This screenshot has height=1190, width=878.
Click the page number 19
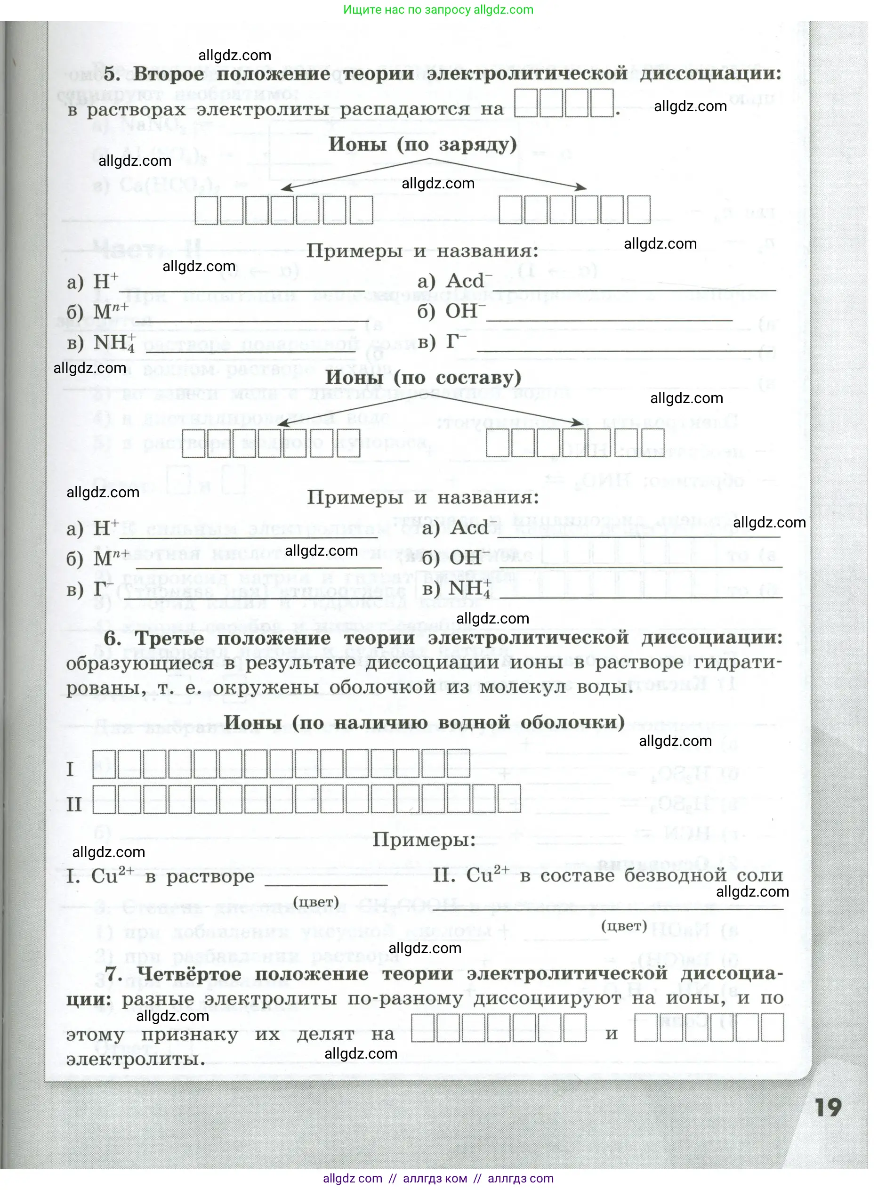click(x=828, y=1107)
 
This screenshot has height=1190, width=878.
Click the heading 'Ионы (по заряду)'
click(x=423, y=145)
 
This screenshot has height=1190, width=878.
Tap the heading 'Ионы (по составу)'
click(x=423, y=378)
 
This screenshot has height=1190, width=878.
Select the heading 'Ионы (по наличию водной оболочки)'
click(x=424, y=722)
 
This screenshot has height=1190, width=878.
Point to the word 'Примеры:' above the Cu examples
click(x=424, y=840)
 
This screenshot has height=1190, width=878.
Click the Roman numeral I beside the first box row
click(x=70, y=769)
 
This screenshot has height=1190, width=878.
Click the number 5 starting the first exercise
click(x=112, y=74)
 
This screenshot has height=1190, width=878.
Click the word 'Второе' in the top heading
click(x=169, y=74)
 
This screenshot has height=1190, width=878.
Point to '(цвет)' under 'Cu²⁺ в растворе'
click(x=316, y=902)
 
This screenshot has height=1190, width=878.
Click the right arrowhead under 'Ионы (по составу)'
click(x=578, y=422)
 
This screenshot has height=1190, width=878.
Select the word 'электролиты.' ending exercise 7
click(x=136, y=1059)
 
